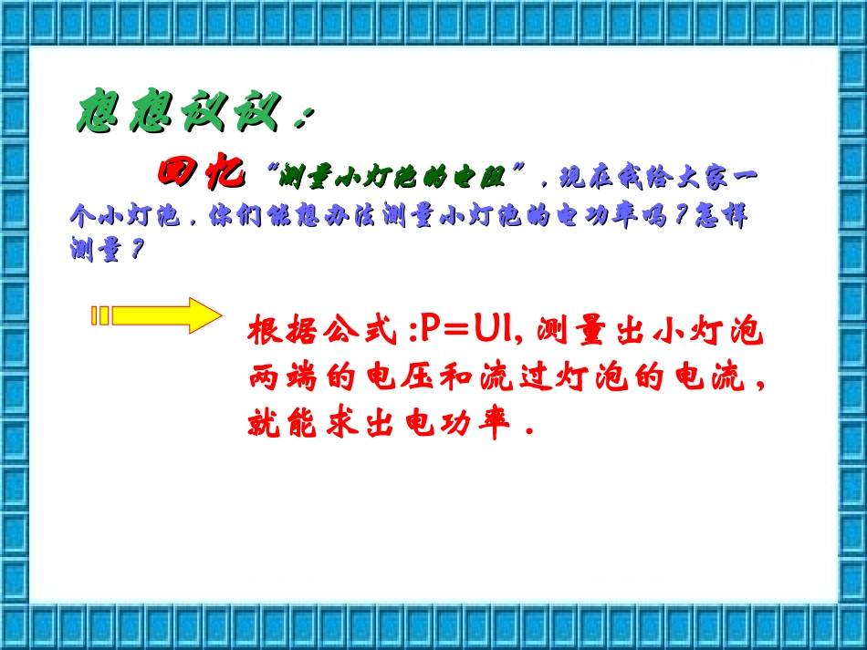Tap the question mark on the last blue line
pos(137,250)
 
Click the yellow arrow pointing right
pos(156,315)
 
